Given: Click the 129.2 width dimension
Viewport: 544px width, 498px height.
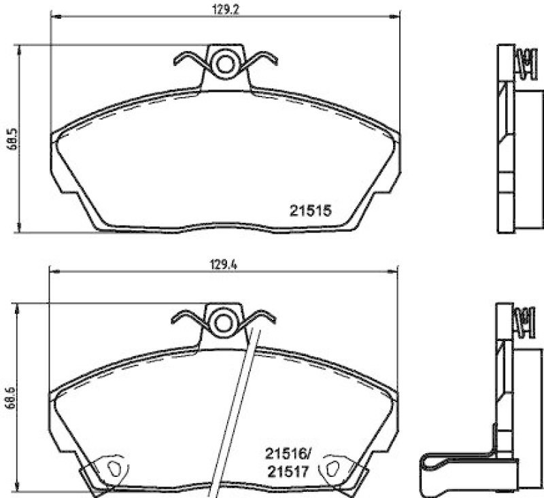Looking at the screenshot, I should tap(224, 10).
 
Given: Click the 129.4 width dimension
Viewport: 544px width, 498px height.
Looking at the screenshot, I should tap(224, 266).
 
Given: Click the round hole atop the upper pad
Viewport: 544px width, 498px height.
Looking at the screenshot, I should tap(224, 64).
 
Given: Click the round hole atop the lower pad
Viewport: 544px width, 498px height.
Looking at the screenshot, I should tap(222, 321).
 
